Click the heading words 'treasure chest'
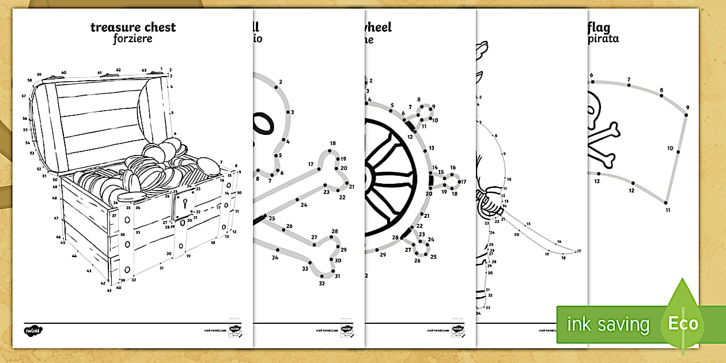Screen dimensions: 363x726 pyautogui.click(x=133, y=27)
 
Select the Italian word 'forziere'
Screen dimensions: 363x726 pyautogui.click(x=133, y=40)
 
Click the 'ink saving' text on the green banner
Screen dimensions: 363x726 pyautogui.click(x=608, y=324)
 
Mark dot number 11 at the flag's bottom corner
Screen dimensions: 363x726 pyautogui.click(x=667, y=202)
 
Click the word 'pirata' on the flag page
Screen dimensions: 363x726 pyautogui.click(x=602, y=40)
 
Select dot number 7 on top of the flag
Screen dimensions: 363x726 pyautogui.click(x=629, y=85)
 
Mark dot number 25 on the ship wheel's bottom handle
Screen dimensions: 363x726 pyautogui.click(x=428, y=251)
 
